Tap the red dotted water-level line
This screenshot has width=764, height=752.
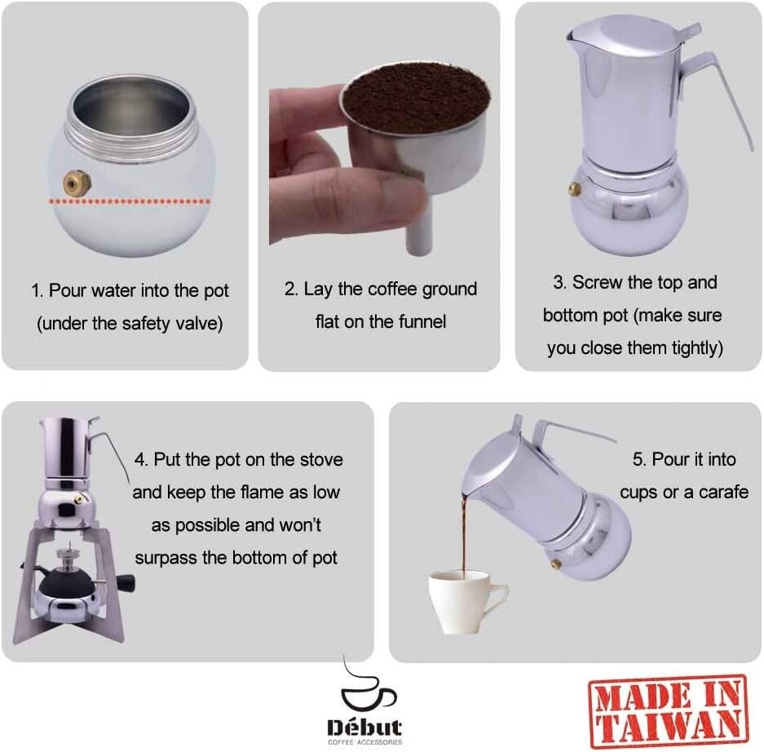point(130,200)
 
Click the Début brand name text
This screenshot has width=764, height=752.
point(364,727)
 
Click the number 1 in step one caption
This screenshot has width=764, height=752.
point(36,291)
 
